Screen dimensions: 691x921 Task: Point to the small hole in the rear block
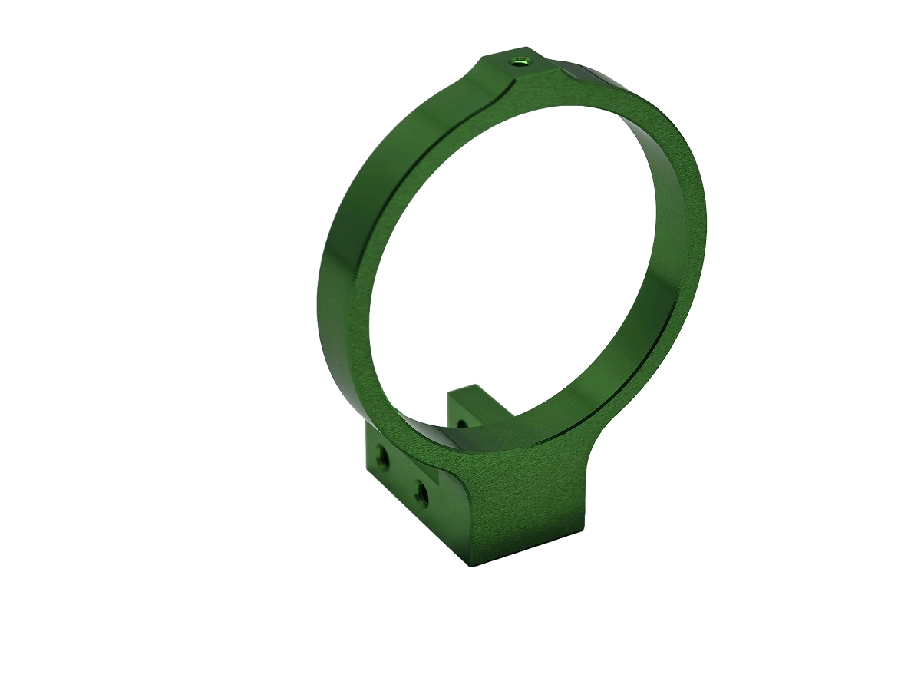tap(460, 422)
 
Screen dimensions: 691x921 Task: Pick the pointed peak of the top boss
tap(491, 55)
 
